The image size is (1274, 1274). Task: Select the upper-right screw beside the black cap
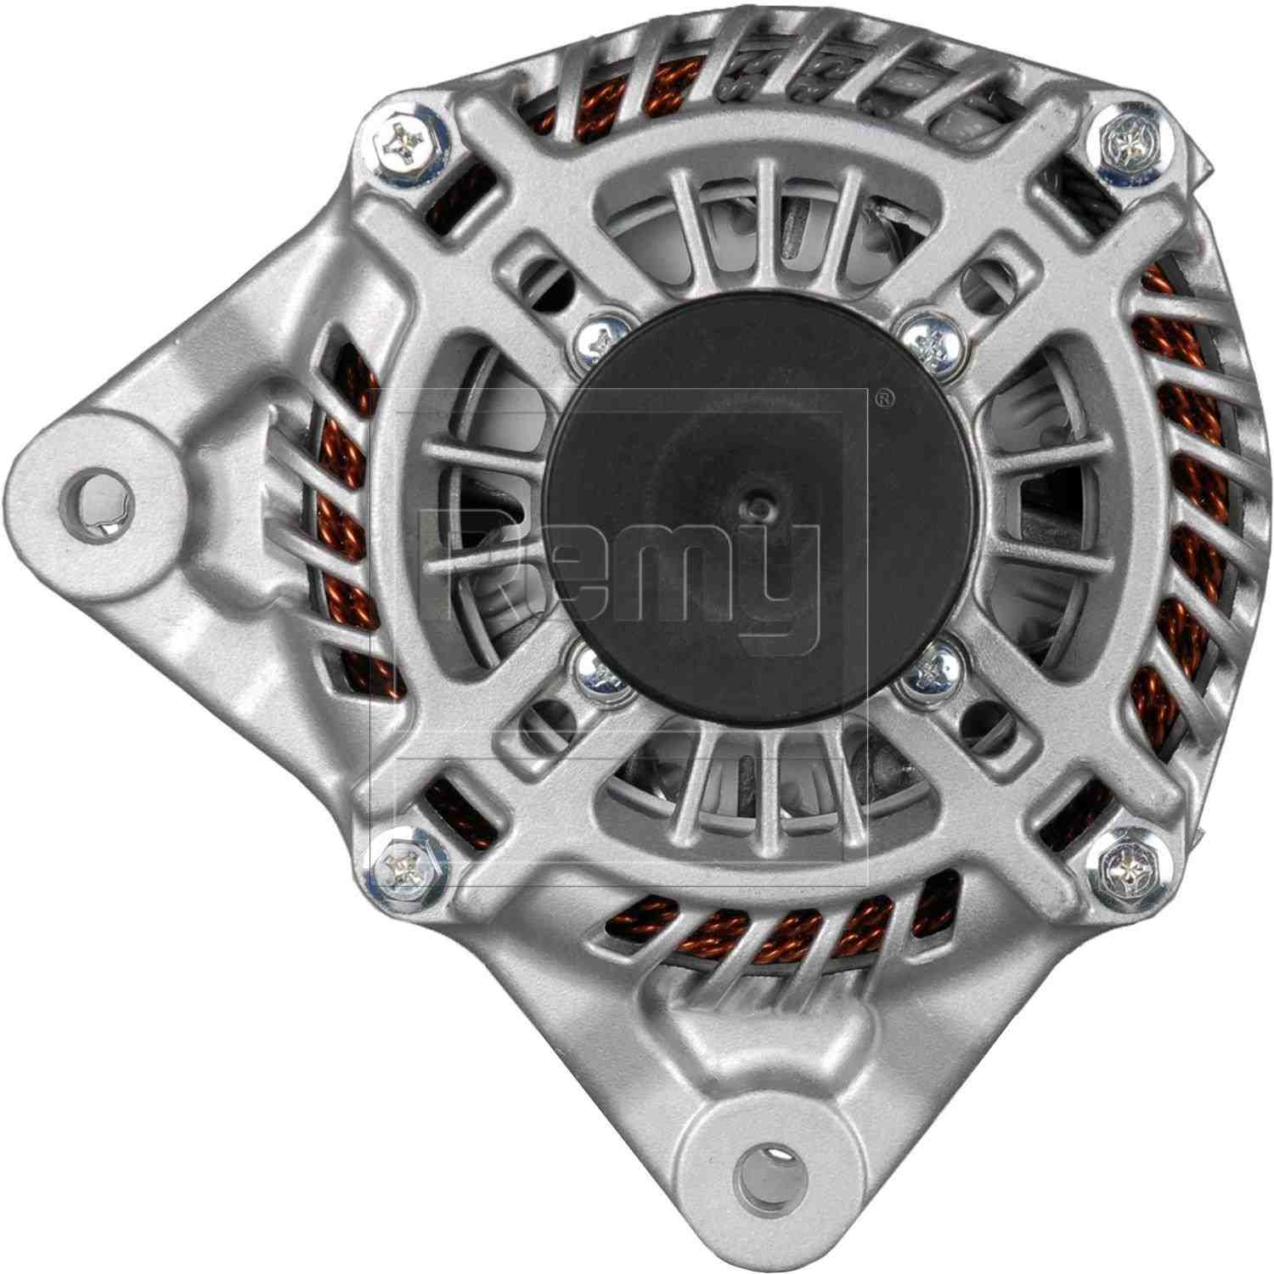coord(928,338)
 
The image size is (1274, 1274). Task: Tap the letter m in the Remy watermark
coord(671,569)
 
